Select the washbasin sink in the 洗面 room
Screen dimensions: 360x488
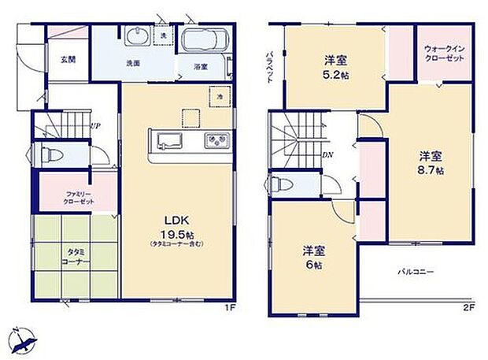pos(137,37)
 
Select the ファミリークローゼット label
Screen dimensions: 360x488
pos(79,198)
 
